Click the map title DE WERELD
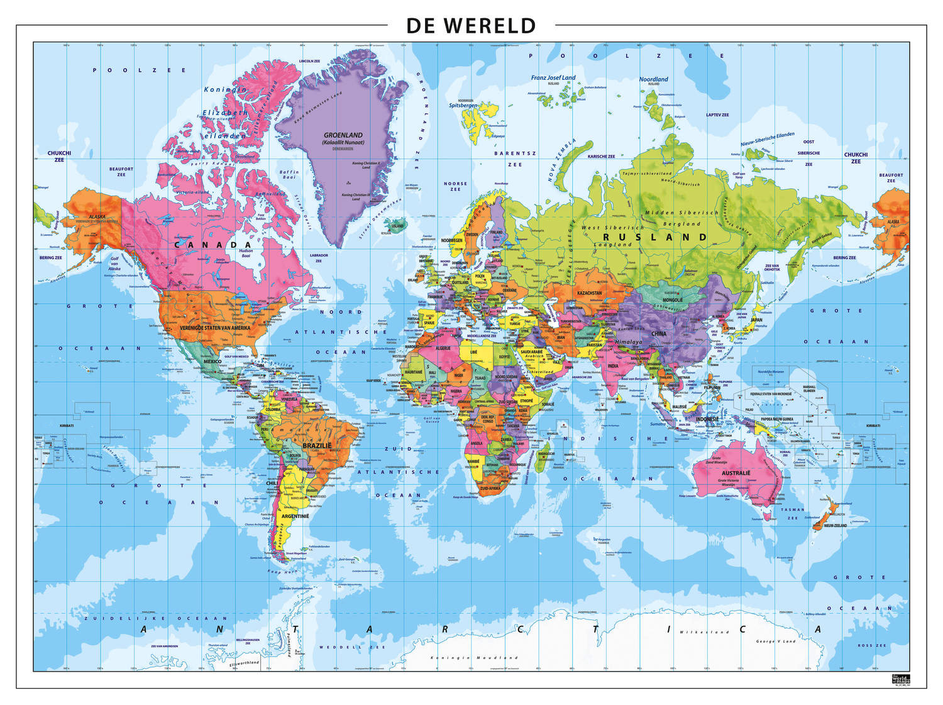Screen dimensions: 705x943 (471, 26)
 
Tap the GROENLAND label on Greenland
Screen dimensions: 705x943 (343, 135)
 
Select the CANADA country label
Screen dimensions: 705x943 (212, 245)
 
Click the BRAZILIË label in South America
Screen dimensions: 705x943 (317, 446)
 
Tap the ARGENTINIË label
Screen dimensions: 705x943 (295, 516)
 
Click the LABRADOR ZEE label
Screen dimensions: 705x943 (319, 258)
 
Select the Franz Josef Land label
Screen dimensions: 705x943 (553, 78)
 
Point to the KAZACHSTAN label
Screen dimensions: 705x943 (590, 293)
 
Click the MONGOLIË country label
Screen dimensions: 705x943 (672, 300)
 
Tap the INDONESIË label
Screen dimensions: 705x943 (707, 419)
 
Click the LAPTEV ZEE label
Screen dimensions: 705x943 (717, 115)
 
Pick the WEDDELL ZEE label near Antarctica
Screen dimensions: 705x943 (343, 647)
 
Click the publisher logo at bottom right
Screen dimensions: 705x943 (900, 679)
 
